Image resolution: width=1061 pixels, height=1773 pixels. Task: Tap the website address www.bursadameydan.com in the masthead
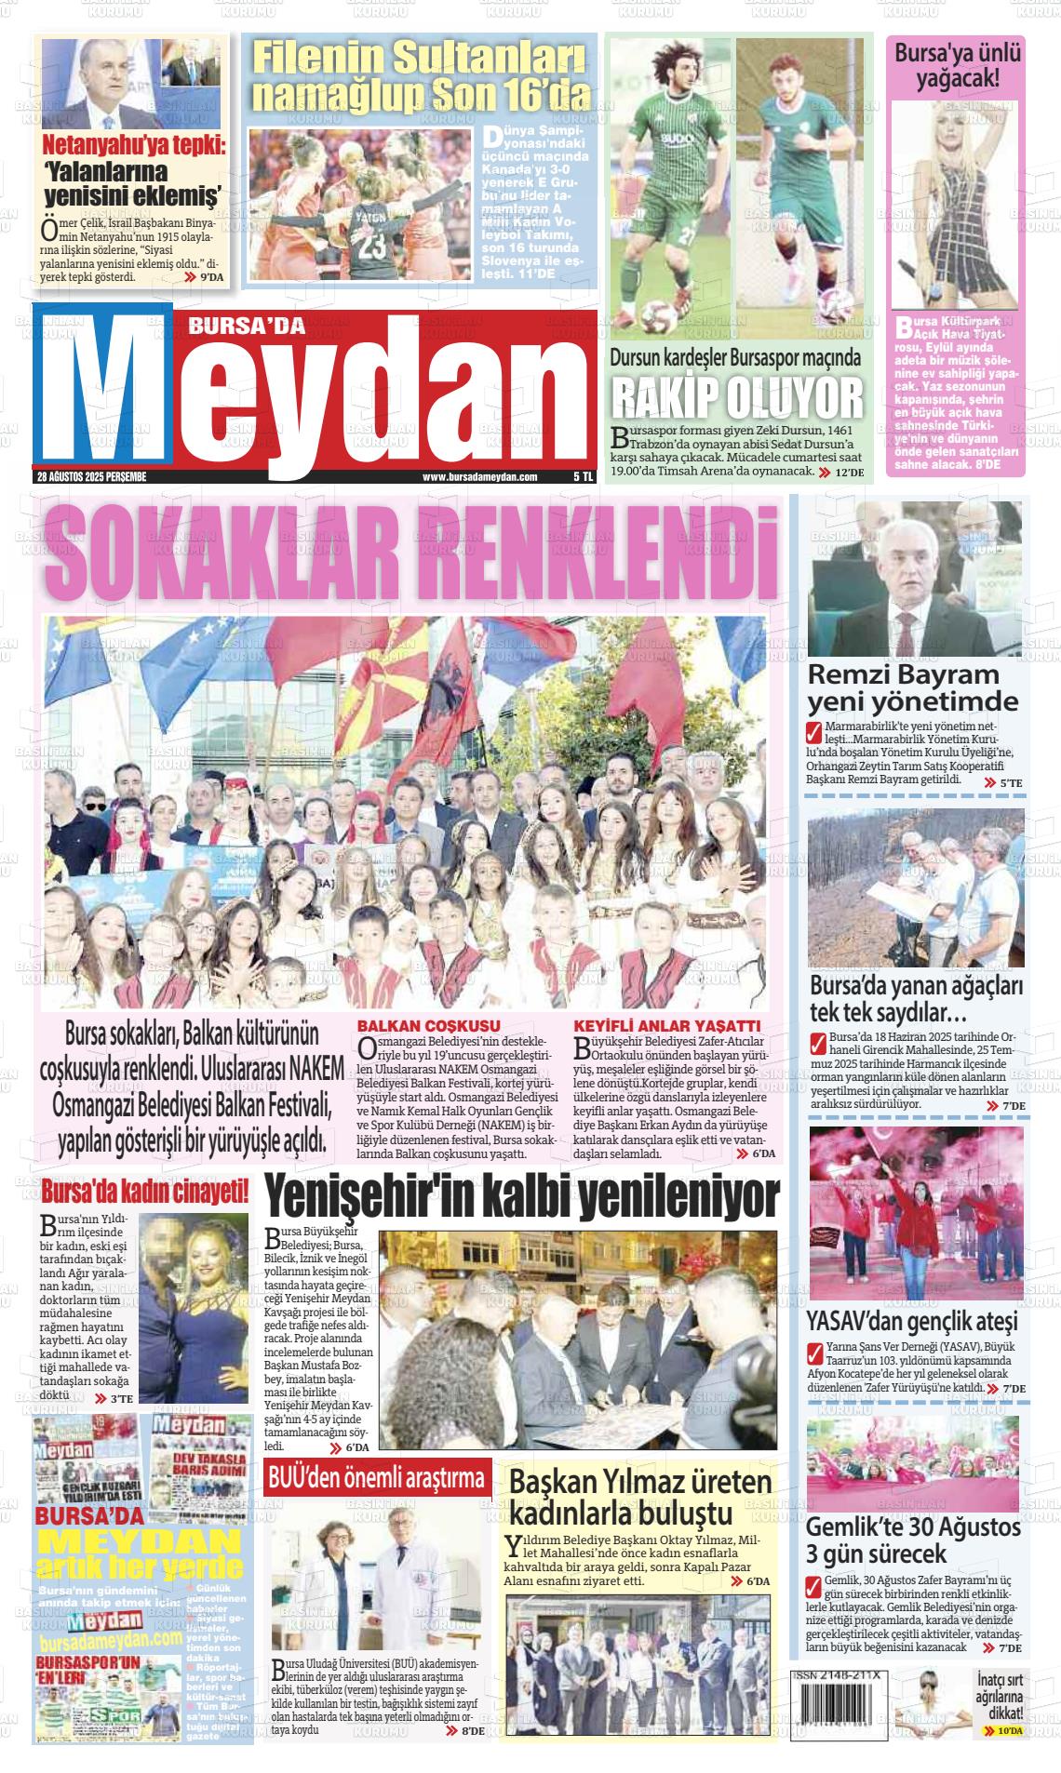click(x=480, y=476)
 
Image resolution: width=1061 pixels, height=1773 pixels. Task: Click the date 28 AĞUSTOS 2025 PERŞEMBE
click(x=92, y=476)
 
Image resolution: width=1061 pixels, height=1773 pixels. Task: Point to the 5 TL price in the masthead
click(x=583, y=476)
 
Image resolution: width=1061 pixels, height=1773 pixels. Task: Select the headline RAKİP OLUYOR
click(x=737, y=399)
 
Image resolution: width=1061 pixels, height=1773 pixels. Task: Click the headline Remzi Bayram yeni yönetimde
click(x=912, y=687)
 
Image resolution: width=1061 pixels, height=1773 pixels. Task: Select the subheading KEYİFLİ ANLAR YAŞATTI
click(x=667, y=1026)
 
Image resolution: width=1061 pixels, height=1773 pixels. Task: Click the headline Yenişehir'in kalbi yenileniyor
click(x=521, y=1198)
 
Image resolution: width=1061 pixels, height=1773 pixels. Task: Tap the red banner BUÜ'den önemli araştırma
click(x=377, y=1478)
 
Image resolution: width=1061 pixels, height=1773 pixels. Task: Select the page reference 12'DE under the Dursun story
click(x=849, y=473)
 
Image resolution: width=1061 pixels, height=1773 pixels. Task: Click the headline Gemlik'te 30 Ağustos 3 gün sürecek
click(x=912, y=1540)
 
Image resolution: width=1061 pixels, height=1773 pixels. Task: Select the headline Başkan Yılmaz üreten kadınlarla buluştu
click(x=640, y=1497)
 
